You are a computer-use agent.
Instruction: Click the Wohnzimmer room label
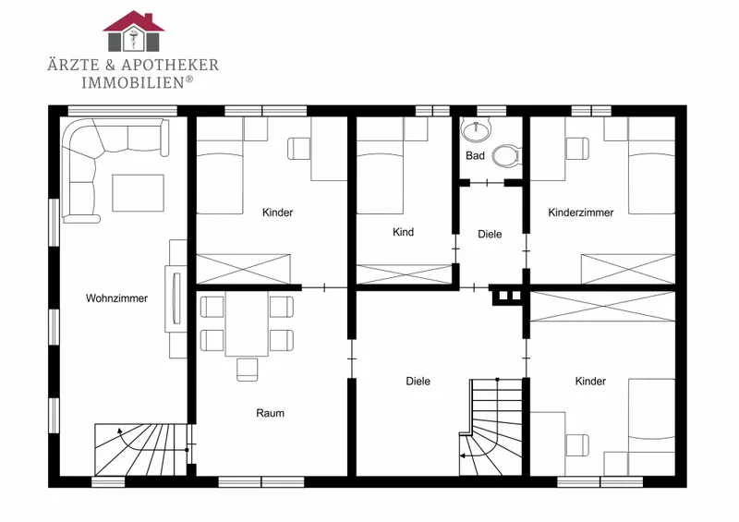pyautogui.click(x=116, y=298)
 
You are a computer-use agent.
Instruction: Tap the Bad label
pyautogui.click(x=475, y=155)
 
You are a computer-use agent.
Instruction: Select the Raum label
pyautogui.click(x=270, y=413)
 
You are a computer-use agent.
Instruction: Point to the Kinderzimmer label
pyautogui.click(x=581, y=212)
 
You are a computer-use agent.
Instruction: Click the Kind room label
pyautogui.click(x=403, y=232)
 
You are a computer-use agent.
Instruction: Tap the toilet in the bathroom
pyautogui.click(x=506, y=155)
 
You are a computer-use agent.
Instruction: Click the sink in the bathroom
pyautogui.click(x=476, y=129)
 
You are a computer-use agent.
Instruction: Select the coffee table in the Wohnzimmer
pyautogui.click(x=138, y=193)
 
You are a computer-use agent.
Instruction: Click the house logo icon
pyautogui.click(x=134, y=31)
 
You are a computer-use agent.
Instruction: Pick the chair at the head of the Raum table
pyautogui.click(x=247, y=370)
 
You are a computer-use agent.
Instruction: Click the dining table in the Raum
pyautogui.click(x=247, y=323)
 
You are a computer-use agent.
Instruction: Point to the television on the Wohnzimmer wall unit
pyautogui.click(x=176, y=298)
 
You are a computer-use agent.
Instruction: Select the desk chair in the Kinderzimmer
pyautogui.click(x=577, y=149)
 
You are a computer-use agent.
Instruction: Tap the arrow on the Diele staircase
pyautogui.click(x=479, y=449)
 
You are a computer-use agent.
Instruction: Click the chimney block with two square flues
pyautogui.click(x=507, y=296)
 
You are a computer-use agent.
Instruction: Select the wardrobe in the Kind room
pyautogui.click(x=405, y=274)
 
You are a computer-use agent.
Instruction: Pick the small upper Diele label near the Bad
pyautogui.click(x=490, y=235)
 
